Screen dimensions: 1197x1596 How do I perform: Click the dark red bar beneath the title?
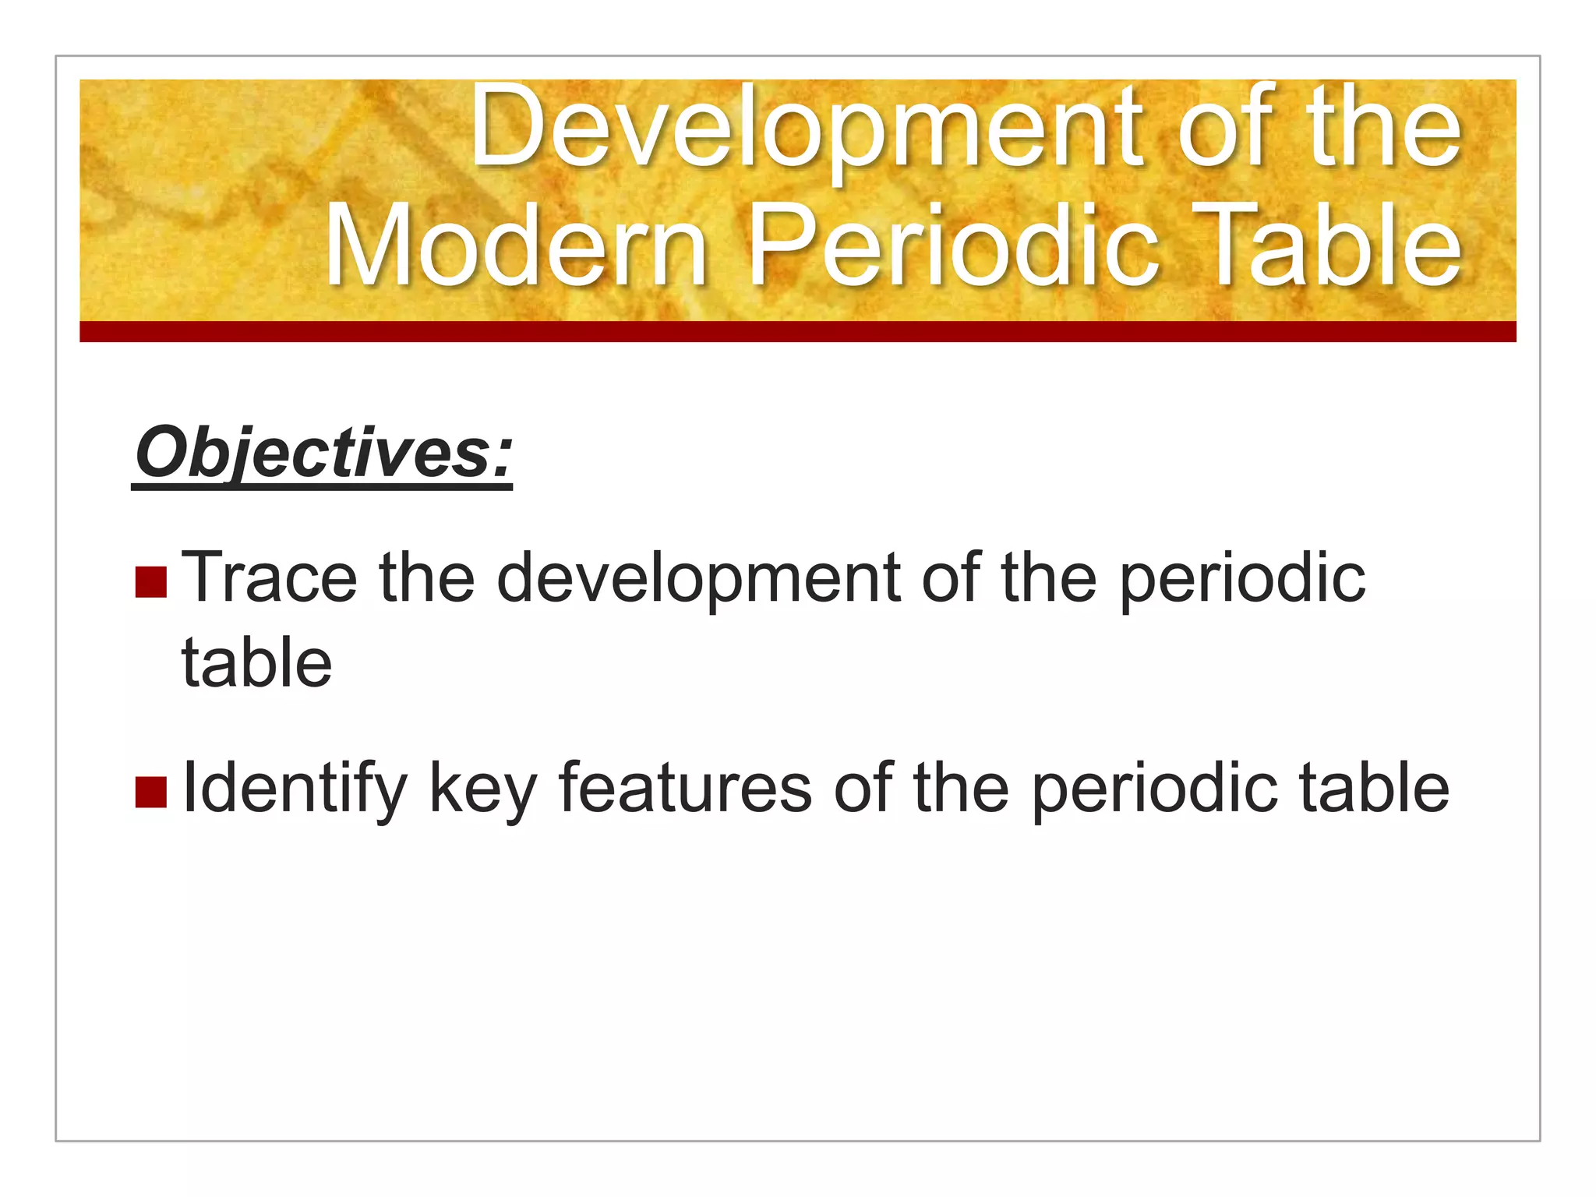[x=797, y=331]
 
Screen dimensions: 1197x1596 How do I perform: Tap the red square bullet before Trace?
[x=150, y=581]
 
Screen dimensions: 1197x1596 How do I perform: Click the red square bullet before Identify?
[x=150, y=792]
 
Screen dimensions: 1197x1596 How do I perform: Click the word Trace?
[x=269, y=578]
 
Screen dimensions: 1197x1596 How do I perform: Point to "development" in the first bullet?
[x=698, y=578]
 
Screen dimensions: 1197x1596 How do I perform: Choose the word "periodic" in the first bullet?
[x=1243, y=578]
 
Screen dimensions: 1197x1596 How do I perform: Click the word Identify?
[x=295, y=789]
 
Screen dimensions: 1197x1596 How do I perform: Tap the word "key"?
[x=483, y=789]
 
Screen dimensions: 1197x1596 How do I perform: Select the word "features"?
[x=686, y=789]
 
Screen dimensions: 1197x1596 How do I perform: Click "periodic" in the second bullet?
[x=1154, y=789]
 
